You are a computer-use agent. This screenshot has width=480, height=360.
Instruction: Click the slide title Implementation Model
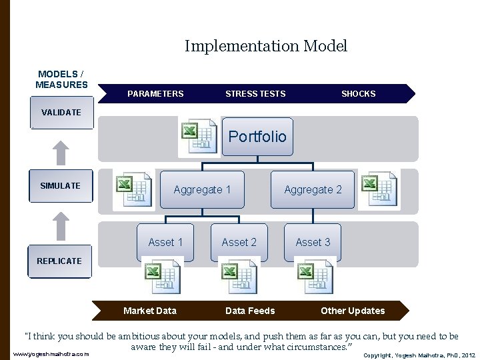pos(266,46)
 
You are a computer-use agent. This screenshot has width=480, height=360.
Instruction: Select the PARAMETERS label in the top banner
pos(155,94)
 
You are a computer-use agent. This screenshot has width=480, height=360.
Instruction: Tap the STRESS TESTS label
pos(255,94)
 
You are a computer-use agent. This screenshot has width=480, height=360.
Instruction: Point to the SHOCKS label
pos(358,94)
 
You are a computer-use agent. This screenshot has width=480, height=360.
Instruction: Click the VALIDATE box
pos(61,113)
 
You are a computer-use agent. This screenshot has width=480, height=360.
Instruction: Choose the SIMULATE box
pos(61,186)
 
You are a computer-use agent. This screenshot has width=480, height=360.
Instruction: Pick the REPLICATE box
pos(60,261)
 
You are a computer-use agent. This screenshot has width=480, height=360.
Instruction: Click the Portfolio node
pos(257,137)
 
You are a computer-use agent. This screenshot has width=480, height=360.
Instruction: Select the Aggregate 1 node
pos(202,190)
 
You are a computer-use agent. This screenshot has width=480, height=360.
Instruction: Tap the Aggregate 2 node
pos(313,190)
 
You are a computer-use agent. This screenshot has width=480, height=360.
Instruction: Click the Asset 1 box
pos(165,242)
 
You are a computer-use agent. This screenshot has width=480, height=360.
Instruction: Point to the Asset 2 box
pos(239,242)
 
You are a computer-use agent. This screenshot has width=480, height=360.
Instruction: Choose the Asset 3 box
pos(313,242)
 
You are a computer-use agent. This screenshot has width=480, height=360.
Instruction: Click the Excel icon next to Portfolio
pos(198,137)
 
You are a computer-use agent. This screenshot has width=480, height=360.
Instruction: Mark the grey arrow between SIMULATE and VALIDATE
pos(61,152)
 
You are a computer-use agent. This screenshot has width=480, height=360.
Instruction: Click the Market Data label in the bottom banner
pos(150,311)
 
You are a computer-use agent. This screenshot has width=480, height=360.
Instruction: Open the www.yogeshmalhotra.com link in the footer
pos(51,354)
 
